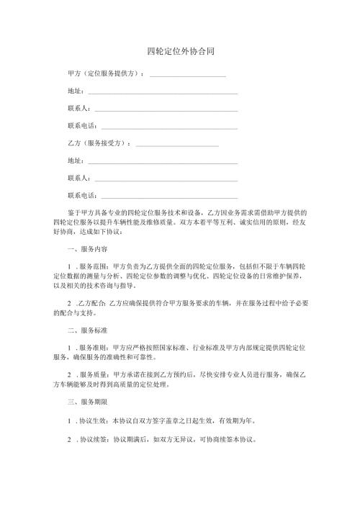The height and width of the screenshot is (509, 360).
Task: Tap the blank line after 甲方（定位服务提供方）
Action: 187,76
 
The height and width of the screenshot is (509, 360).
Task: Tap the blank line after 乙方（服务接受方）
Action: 176,145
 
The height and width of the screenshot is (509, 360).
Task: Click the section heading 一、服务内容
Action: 86,249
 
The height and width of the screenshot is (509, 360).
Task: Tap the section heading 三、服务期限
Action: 86,401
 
